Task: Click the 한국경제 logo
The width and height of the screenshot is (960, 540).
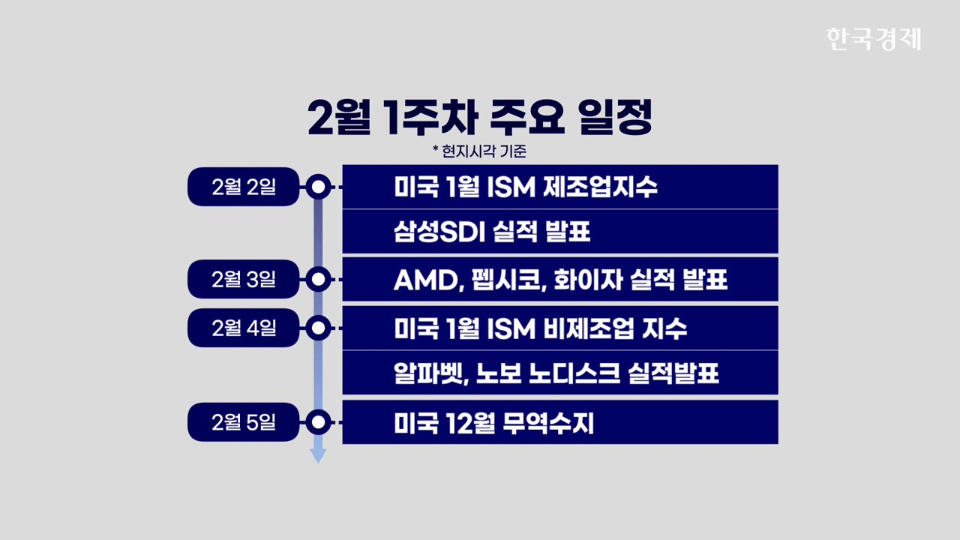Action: [874, 39]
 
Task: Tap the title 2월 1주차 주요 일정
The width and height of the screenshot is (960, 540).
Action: [480, 117]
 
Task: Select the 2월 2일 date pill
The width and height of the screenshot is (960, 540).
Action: [244, 187]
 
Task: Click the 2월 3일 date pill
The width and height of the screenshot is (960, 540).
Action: [244, 279]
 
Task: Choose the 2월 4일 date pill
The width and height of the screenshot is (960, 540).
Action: [244, 328]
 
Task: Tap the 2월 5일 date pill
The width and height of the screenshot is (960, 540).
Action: [244, 422]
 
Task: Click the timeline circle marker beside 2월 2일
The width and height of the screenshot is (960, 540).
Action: [319, 187]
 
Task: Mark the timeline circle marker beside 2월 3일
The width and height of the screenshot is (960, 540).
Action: [319, 280]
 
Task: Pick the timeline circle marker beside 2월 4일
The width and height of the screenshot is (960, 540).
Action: [319, 328]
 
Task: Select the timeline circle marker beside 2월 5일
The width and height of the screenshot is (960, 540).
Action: [319, 422]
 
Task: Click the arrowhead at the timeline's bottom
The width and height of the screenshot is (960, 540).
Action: [319, 456]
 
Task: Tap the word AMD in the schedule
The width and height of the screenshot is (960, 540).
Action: [428, 280]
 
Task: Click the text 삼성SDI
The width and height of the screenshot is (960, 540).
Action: [439, 232]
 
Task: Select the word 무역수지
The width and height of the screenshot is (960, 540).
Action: [548, 424]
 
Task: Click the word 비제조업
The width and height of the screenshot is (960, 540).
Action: [589, 329]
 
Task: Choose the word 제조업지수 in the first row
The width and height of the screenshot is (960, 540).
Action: [600, 187]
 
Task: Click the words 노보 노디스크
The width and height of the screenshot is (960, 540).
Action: [548, 373]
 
